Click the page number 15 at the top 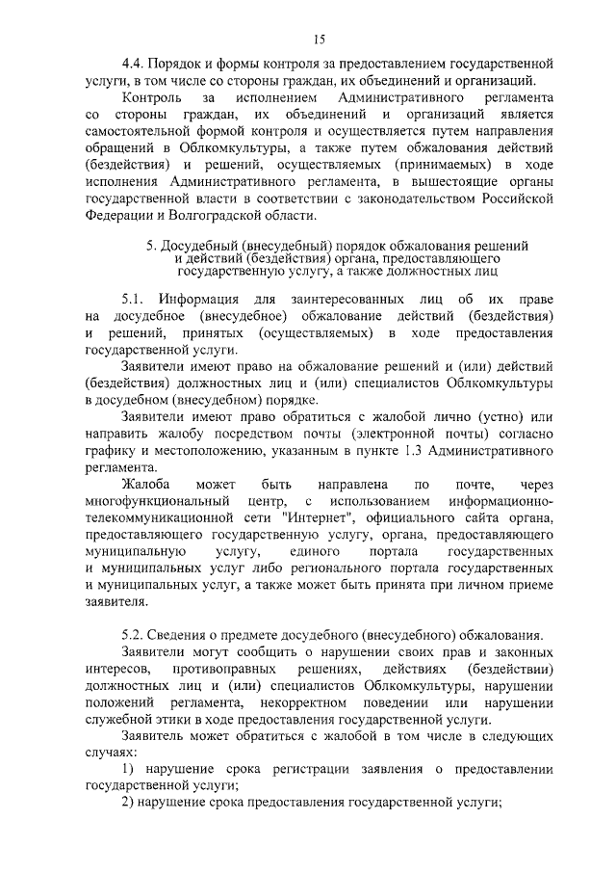click(x=320, y=39)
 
